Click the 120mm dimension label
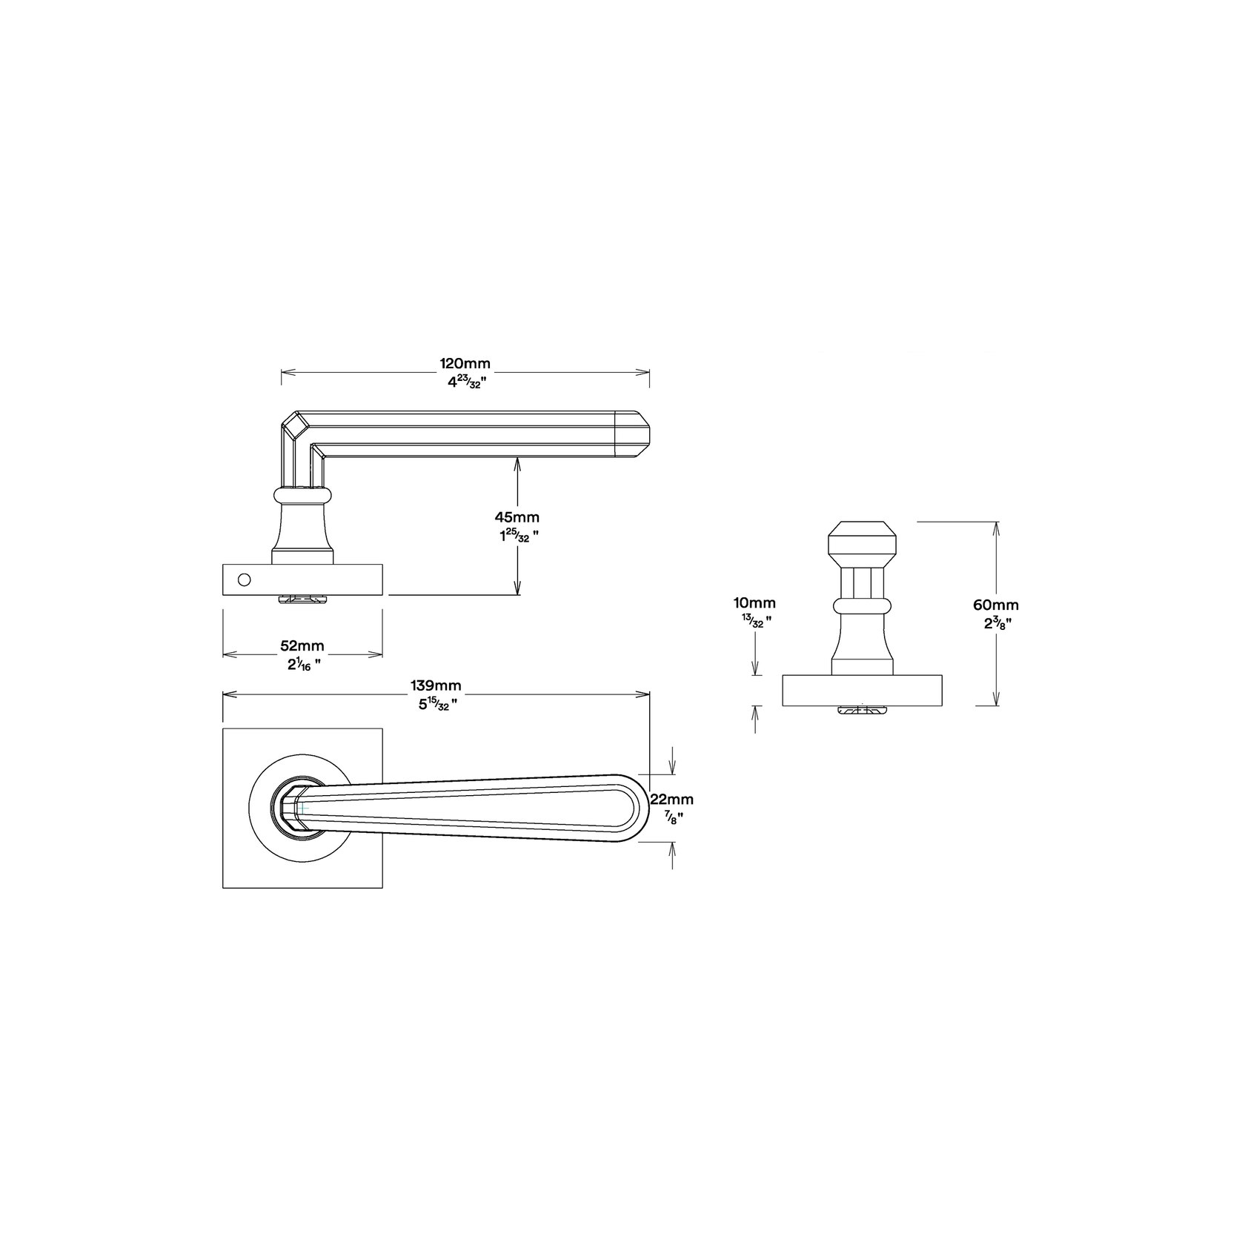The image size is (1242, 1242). (465, 364)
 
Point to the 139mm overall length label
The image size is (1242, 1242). (436, 686)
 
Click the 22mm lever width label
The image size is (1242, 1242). (671, 799)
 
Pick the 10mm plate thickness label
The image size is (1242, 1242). (754, 604)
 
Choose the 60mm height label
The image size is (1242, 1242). (997, 605)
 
